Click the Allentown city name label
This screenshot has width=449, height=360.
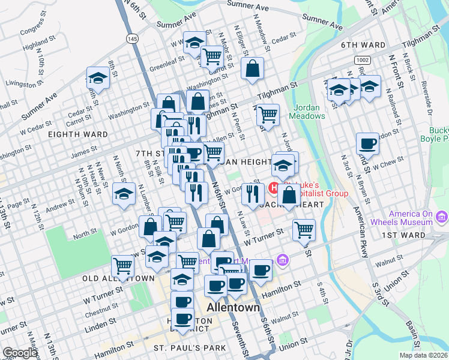pyautogui.click(x=234, y=307)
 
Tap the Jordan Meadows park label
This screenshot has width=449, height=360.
pyautogui.click(x=309, y=112)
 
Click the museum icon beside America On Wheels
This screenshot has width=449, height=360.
pyautogui.click(x=442, y=216)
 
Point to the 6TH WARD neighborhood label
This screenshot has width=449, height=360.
pyautogui.click(x=363, y=45)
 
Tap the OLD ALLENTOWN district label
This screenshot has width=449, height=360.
pyautogui.click(x=119, y=279)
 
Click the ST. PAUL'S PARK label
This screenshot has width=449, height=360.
pyautogui.click(x=190, y=348)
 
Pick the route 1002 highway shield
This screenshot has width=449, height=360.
pyautogui.click(x=361, y=60)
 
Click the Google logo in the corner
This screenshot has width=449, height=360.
pyautogui.click(x=19, y=353)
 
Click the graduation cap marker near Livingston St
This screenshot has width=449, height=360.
pyautogui.click(x=97, y=78)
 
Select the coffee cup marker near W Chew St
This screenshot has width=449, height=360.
pyautogui.click(x=367, y=144)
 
